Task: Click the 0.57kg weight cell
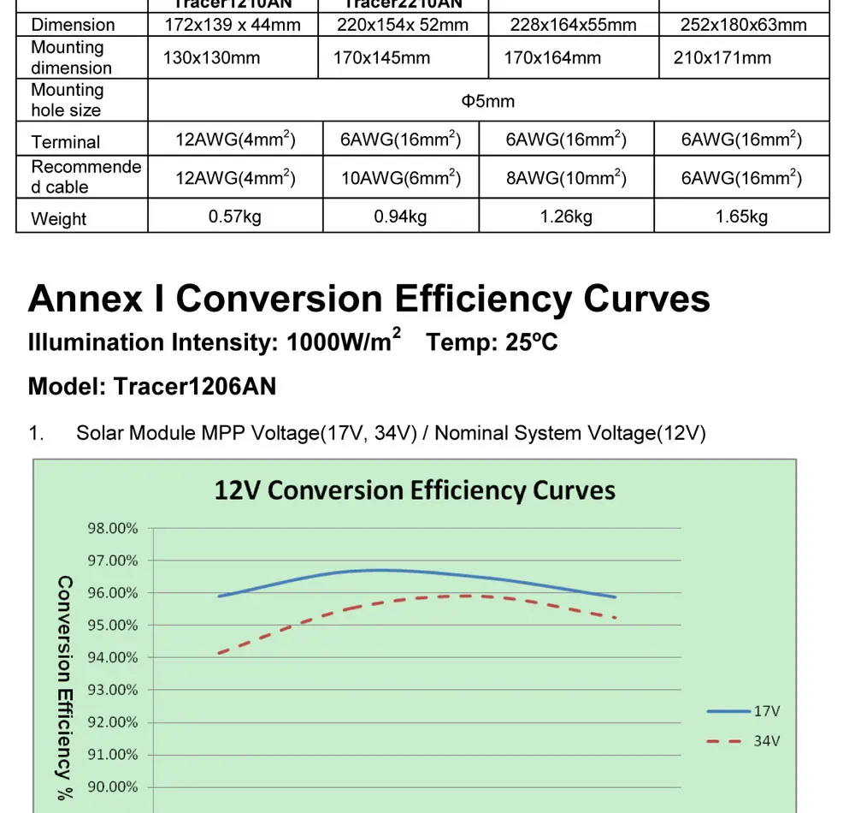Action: point(235,217)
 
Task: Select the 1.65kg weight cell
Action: point(741,217)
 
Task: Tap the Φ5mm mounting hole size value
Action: point(488,101)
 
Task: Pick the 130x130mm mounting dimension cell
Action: point(212,58)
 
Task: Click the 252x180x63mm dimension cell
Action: point(743,25)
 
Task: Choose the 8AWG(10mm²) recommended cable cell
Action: point(566,178)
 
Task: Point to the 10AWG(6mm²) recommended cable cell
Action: point(400,178)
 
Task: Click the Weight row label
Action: point(59,218)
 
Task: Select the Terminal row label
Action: point(66,142)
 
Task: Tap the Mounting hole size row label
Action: point(67,100)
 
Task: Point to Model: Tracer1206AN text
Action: point(152,386)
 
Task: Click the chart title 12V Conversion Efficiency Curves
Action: point(415,490)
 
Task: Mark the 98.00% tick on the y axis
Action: point(113,528)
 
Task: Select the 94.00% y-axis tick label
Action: point(113,657)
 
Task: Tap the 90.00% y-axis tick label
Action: point(113,786)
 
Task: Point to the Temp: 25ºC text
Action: point(492,342)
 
